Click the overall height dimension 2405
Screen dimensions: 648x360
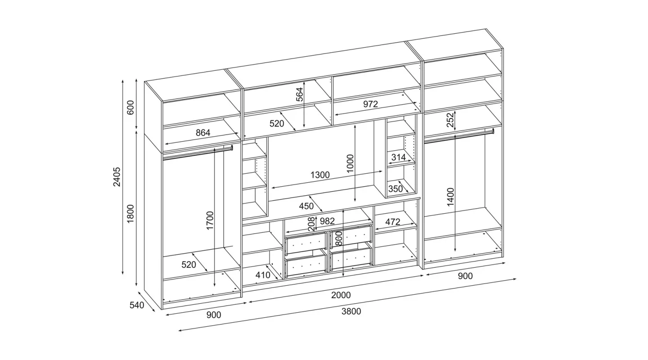click(x=117, y=177)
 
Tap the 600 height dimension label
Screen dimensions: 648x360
click(x=130, y=108)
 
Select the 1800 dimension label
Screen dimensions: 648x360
click(x=130, y=213)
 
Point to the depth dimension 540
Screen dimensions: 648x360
click(x=136, y=305)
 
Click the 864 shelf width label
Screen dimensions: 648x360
click(x=203, y=133)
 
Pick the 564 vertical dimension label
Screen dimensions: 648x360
click(x=300, y=94)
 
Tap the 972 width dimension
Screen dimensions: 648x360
click(x=371, y=104)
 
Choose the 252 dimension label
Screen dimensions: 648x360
click(x=450, y=120)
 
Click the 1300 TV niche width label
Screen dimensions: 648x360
click(x=320, y=175)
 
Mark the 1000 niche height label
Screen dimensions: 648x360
click(x=350, y=163)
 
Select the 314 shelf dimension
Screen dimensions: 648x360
click(x=399, y=157)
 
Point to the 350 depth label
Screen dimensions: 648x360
click(x=396, y=189)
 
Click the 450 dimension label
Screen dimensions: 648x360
click(x=306, y=206)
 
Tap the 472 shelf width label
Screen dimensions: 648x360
click(x=393, y=222)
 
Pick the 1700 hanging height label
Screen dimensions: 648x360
click(x=210, y=220)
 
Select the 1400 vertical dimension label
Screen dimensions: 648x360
click(x=451, y=197)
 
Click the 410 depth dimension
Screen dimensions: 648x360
click(x=263, y=275)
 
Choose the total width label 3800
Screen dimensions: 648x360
click(x=351, y=311)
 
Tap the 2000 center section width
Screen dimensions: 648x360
click(x=341, y=295)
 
